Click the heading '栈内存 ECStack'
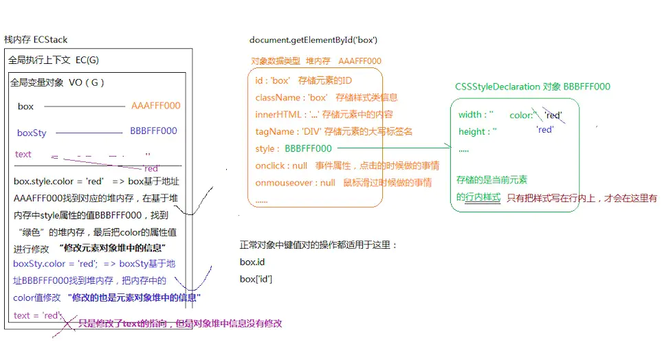tap(36, 40)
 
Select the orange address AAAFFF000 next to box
tap(155, 106)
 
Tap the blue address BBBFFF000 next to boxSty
tap(153, 131)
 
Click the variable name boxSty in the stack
tap(32, 133)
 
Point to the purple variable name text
tap(23, 154)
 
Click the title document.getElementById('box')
tap(313, 40)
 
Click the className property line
tap(326, 98)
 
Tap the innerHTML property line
tap(323, 114)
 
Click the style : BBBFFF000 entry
tap(294, 148)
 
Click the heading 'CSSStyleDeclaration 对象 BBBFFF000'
tap(532, 87)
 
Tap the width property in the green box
tap(476, 115)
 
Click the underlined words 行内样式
tap(483, 197)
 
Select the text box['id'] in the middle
tap(256, 279)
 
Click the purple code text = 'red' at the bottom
tap(38, 315)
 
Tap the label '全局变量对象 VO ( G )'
tap(57, 82)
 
